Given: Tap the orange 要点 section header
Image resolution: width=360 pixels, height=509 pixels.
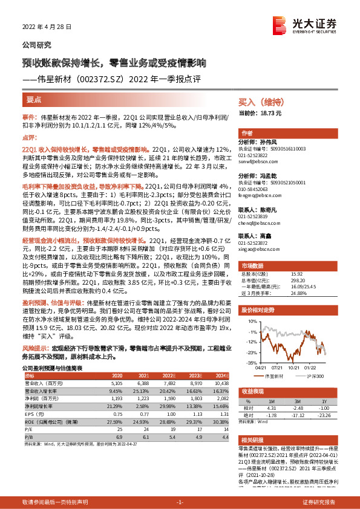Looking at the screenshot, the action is click(x=34, y=99).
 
